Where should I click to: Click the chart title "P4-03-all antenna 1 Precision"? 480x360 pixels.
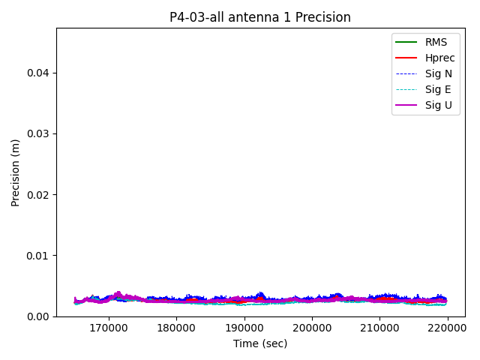pos(260,17)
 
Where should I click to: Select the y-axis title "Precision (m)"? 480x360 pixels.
pos(16,172)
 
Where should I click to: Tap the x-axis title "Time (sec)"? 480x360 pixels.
pos(260,343)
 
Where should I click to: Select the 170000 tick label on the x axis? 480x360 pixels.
pos(109,328)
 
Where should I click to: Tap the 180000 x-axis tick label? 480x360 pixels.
pos(177,328)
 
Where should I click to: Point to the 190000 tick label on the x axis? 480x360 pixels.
pos(244,328)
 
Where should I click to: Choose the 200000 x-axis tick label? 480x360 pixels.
pos(312,328)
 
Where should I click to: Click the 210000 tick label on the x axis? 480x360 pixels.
pos(379,328)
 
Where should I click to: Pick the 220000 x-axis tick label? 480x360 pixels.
pos(448,328)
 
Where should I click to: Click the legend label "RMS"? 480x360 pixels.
pos(436,42)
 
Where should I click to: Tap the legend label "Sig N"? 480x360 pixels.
pos(439,73)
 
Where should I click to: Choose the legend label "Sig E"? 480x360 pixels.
pos(439,89)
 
